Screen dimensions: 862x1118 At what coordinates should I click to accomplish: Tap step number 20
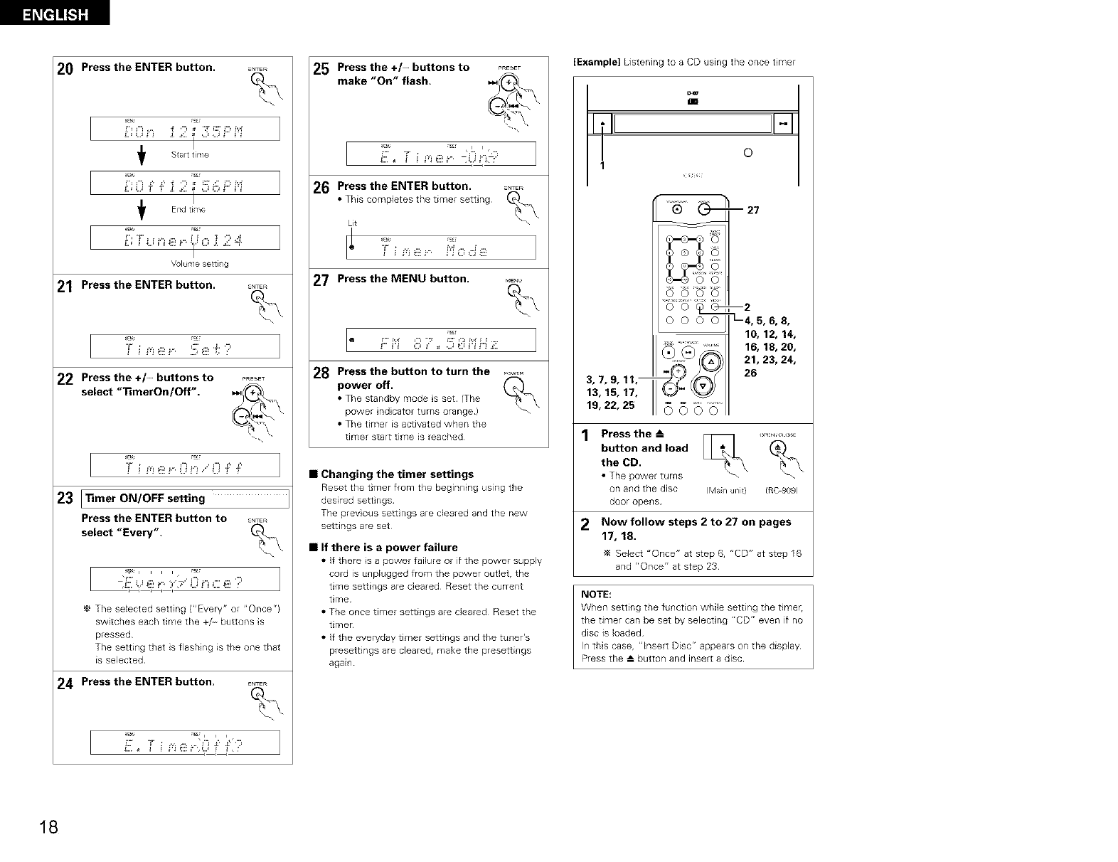pos(65,70)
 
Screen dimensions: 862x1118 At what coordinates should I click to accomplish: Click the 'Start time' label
pos(190,154)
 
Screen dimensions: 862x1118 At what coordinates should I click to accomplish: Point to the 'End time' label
pos(188,209)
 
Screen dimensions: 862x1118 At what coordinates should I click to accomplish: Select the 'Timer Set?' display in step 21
pos(185,346)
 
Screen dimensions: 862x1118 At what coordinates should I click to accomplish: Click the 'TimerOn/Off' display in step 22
pos(185,465)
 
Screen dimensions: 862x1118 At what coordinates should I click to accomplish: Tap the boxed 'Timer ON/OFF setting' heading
pos(145,499)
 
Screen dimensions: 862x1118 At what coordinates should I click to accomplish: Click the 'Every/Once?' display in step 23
pos(185,580)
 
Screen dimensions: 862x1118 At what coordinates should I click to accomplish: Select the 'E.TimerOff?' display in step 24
pos(185,743)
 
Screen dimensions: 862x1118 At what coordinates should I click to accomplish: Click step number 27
pos(321,280)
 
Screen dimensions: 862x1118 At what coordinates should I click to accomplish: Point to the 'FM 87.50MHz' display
pos(441,340)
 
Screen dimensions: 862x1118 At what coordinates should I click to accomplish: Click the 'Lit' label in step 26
pos(352,223)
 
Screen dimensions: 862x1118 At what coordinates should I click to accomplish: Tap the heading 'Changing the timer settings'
pos(397,474)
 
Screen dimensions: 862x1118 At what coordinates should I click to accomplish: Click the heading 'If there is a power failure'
pos(389,547)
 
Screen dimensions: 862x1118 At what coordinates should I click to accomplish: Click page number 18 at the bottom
pos(48,827)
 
